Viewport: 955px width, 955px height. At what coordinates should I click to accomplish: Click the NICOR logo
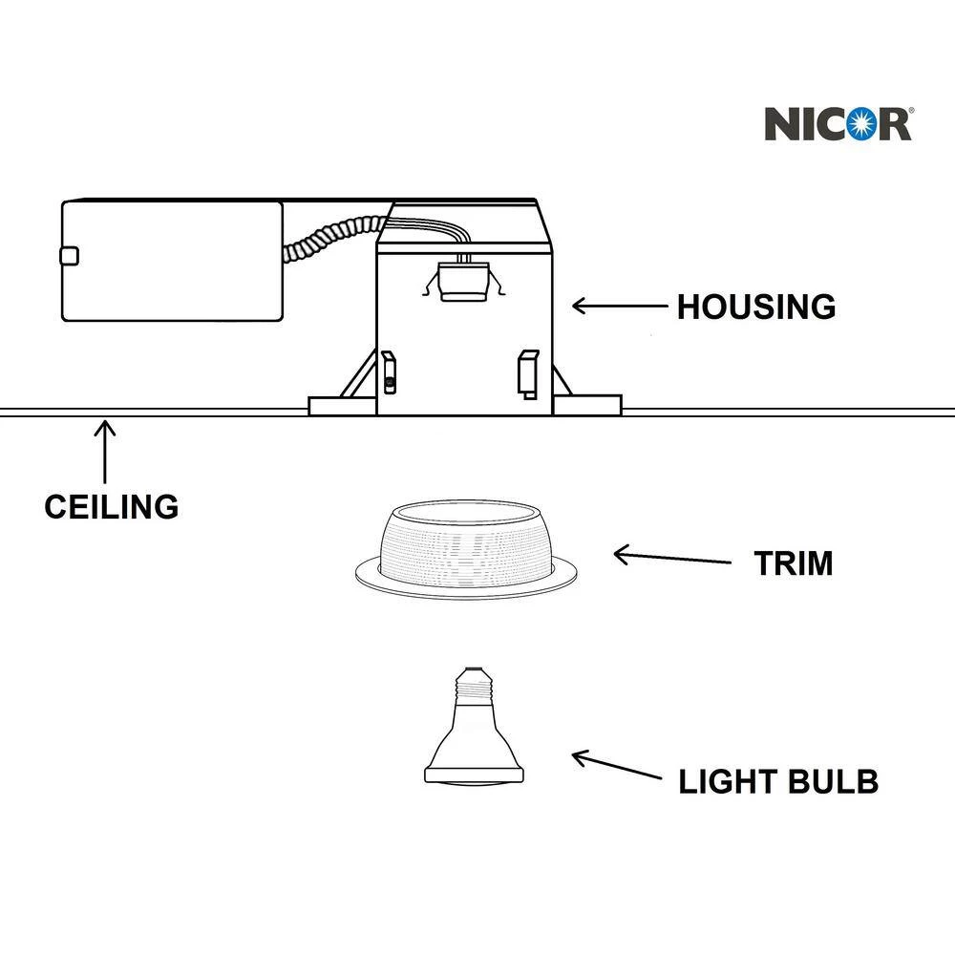pyautogui.click(x=838, y=123)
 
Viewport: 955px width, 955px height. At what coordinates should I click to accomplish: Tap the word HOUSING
pyautogui.click(x=755, y=307)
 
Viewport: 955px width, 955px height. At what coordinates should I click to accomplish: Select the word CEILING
pyautogui.click(x=111, y=505)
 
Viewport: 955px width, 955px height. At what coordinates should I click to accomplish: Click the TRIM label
pyautogui.click(x=793, y=563)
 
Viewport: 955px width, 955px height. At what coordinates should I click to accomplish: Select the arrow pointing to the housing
pyautogui.click(x=619, y=307)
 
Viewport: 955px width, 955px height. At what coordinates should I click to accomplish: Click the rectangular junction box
pyautogui.click(x=172, y=260)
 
